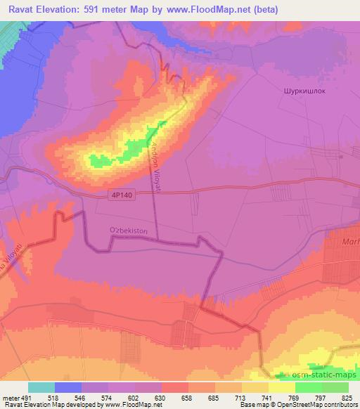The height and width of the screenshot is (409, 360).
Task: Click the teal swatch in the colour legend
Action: (41, 387)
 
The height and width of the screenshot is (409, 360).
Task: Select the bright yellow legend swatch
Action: (282, 387)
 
